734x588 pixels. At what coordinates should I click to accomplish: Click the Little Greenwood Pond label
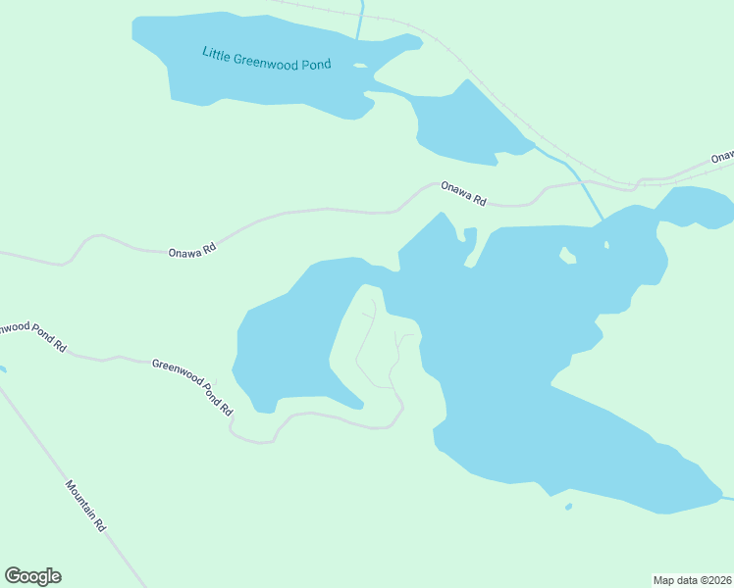[x=266, y=58]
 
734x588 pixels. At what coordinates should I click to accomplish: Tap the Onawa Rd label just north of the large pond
[x=463, y=193]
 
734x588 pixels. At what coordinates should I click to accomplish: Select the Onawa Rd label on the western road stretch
[x=191, y=251]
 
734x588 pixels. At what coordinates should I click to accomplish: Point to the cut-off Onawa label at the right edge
[x=723, y=156]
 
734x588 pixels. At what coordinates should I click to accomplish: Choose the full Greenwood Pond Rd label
[x=192, y=385]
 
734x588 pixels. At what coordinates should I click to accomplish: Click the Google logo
[x=32, y=576]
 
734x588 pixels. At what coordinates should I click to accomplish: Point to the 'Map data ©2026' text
[x=692, y=579]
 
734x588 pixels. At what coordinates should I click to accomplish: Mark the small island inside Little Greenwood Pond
[x=360, y=67]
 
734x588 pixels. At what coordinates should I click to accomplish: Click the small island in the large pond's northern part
[x=567, y=256]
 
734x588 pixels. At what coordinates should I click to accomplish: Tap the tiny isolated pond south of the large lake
[x=568, y=507]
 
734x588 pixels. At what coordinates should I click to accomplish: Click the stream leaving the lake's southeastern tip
[x=728, y=499]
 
